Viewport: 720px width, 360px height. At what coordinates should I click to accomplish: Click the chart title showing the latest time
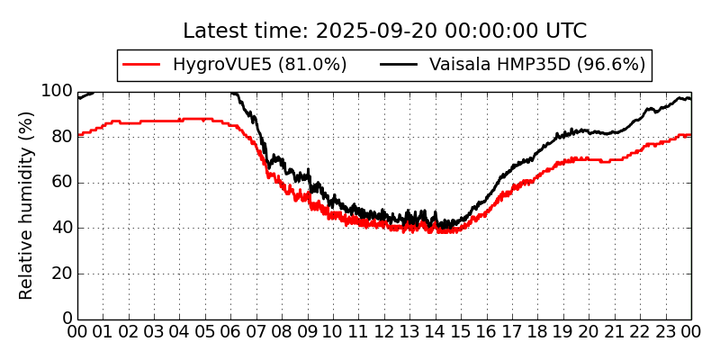(x=384, y=31)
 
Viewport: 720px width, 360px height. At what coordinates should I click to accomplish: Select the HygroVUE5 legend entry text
(x=259, y=65)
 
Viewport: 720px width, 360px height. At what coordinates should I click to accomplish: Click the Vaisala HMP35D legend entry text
(x=537, y=65)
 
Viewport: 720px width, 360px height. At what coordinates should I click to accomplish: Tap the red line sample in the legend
(x=141, y=65)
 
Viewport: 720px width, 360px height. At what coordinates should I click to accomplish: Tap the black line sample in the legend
(x=399, y=65)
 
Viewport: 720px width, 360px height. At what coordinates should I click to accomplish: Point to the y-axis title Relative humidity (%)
(x=27, y=205)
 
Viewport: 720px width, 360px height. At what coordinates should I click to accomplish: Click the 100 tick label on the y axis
(x=56, y=91)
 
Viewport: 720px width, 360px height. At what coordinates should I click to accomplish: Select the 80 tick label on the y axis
(x=60, y=137)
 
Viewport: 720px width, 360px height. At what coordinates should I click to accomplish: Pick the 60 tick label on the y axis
(x=60, y=183)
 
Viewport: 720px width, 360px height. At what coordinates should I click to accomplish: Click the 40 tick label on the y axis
(x=60, y=228)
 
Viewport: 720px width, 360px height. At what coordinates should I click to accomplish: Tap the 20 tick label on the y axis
(x=60, y=274)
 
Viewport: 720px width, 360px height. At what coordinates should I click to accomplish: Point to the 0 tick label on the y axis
(x=66, y=319)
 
